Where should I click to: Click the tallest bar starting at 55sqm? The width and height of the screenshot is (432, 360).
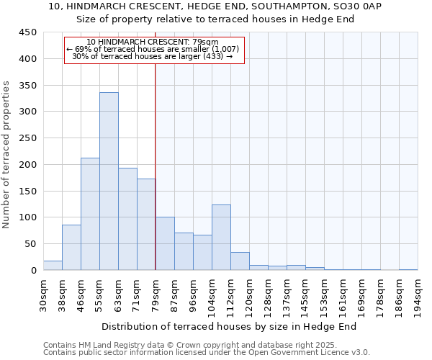(109, 181)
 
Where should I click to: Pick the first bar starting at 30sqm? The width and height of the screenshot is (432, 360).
(53, 265)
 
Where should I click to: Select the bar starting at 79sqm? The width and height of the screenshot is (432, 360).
(165, 243)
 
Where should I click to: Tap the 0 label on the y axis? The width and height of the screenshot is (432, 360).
(33, 271)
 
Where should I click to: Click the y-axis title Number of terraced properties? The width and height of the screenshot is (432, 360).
(7, 154)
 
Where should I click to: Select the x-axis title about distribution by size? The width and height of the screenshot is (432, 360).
(230, 326)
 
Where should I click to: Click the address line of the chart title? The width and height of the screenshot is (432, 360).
(215, 6)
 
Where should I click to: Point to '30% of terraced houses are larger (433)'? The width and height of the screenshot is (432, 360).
(153, 56)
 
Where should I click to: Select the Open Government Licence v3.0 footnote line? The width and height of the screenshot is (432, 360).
(207, 353)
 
